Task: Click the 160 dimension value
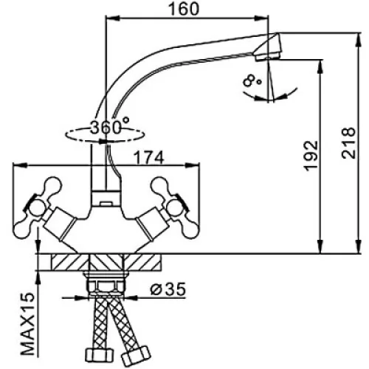183,9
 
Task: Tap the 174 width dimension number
149,158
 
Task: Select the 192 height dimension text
311,156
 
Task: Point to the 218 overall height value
349,142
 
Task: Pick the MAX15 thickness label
27,324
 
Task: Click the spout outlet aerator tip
268,47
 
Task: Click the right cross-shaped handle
175,208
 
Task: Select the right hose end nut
136,356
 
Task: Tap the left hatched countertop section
70,262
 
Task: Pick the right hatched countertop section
142,262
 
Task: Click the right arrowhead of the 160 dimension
261,18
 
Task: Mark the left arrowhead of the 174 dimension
20,165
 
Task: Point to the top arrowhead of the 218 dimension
359,39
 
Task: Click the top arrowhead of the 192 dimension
320,66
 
